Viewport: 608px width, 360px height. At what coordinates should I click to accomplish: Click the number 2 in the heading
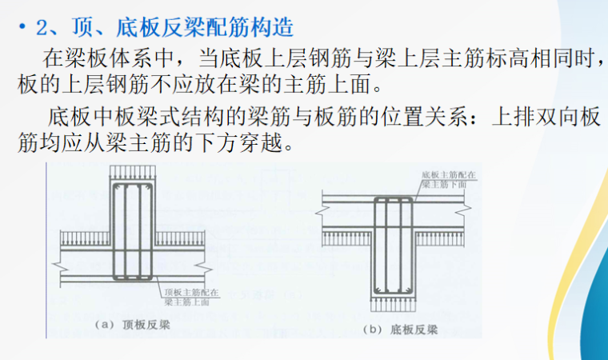pos(41,30)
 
